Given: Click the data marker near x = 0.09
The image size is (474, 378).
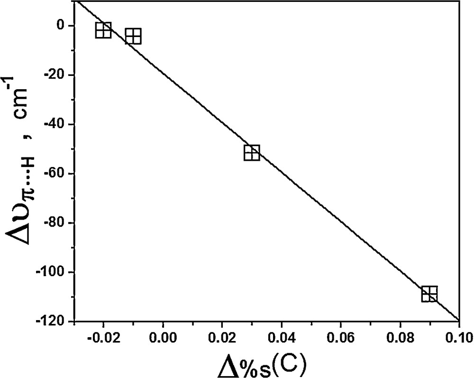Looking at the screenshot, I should (429, 294).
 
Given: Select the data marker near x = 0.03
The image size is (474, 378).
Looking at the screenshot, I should (252, 153).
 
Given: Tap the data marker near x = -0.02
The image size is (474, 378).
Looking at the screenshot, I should (103, 30).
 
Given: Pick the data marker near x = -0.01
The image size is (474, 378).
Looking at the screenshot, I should (133, 36).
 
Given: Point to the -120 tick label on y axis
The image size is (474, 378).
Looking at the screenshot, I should (56, 322).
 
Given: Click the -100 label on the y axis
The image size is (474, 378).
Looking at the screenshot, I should (56, 272).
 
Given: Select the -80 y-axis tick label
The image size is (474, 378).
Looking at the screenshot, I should (59, 223).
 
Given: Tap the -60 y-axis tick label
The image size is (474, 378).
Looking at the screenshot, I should (59, 174).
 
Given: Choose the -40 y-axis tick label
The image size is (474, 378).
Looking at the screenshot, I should (59, 124).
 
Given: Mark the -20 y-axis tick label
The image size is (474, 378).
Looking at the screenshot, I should (59, 75).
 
